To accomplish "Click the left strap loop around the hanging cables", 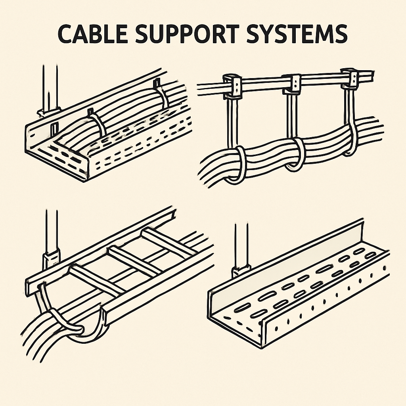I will (x=237, y=165).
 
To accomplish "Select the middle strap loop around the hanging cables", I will (x=295, y=155).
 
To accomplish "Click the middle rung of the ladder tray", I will (x=131, y=259).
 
